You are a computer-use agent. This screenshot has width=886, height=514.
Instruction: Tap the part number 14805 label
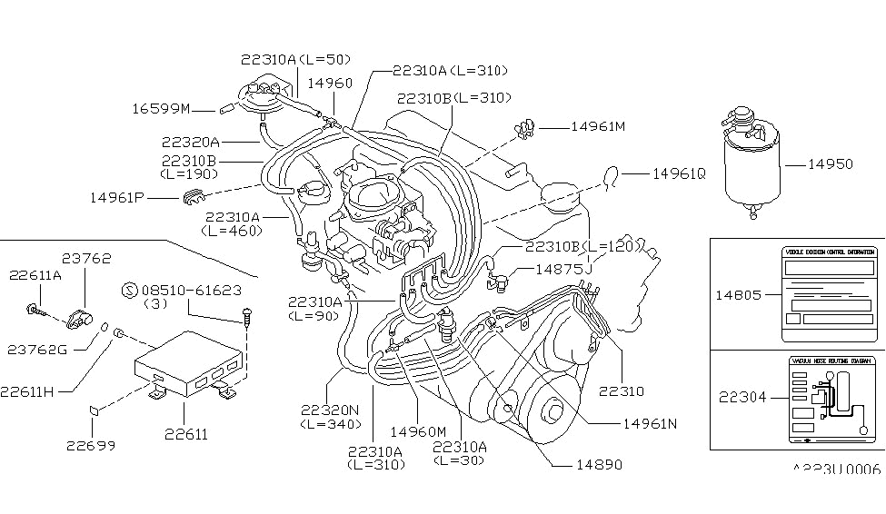[x=738, y=294]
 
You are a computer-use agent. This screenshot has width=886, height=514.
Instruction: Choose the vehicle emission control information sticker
[x=830, y=293]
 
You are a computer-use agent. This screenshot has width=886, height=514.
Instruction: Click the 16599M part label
[x=160, y=109]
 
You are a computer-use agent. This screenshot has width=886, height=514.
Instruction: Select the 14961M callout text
[x=597, y=127]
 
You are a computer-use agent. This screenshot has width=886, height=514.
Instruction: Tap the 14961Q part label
[x=678, y=172]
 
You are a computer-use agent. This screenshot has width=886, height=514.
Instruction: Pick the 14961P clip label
[x=118, y=196]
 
